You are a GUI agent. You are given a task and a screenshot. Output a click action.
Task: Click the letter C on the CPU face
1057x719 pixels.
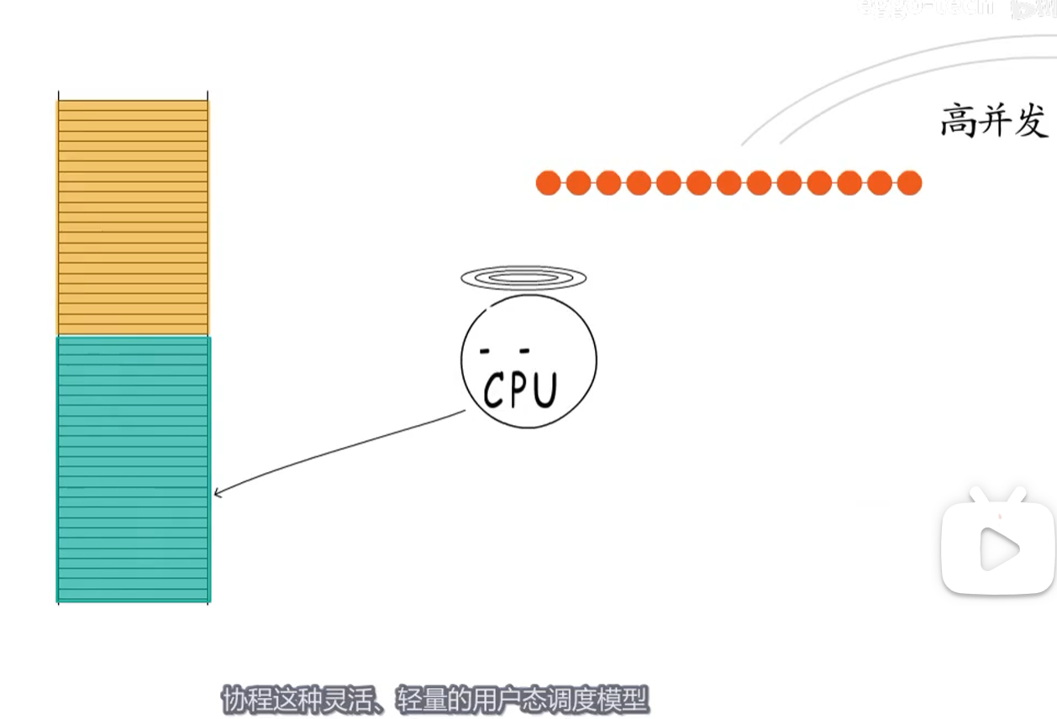497,391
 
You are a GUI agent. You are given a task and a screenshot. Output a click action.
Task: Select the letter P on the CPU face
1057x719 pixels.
518,391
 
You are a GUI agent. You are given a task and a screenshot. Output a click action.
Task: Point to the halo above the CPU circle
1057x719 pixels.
523,277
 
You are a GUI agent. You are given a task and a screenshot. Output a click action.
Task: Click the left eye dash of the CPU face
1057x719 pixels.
485,349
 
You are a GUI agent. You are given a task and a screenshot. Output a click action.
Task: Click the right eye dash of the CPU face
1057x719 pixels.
524,349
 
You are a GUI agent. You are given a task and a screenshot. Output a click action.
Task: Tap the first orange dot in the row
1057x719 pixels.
548,182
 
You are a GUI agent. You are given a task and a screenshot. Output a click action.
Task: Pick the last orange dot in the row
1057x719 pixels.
909,182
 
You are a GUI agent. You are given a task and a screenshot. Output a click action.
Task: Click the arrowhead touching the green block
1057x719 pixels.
218,493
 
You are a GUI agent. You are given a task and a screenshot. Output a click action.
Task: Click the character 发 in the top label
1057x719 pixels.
1032,121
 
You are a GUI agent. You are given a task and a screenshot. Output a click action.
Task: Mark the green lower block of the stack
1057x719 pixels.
133,469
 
